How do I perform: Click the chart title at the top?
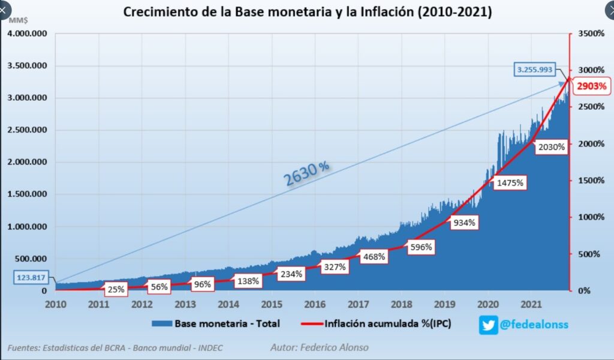[x=307, y=12]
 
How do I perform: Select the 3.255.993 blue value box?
[x=537, y=70]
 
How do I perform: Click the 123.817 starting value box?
[x=31, y=277]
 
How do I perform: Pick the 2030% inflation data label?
[x=552, y=147]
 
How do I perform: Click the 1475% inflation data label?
[x=511, y=182]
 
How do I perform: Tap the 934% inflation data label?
[x=463, y=223]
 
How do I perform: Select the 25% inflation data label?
[x=116, y=289]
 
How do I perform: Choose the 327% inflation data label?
[x=334, y=267]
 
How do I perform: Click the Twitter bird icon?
[x=488, y=325]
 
